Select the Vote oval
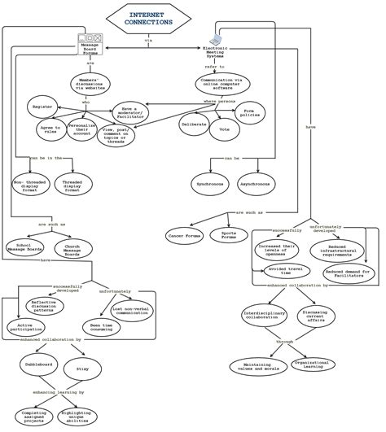click(x=224, y=127)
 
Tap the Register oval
click(x=42, y=107)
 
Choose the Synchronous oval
click(x=211, y=185)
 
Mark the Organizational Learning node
click(x=309, y=365)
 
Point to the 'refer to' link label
click(x=216, y=67)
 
